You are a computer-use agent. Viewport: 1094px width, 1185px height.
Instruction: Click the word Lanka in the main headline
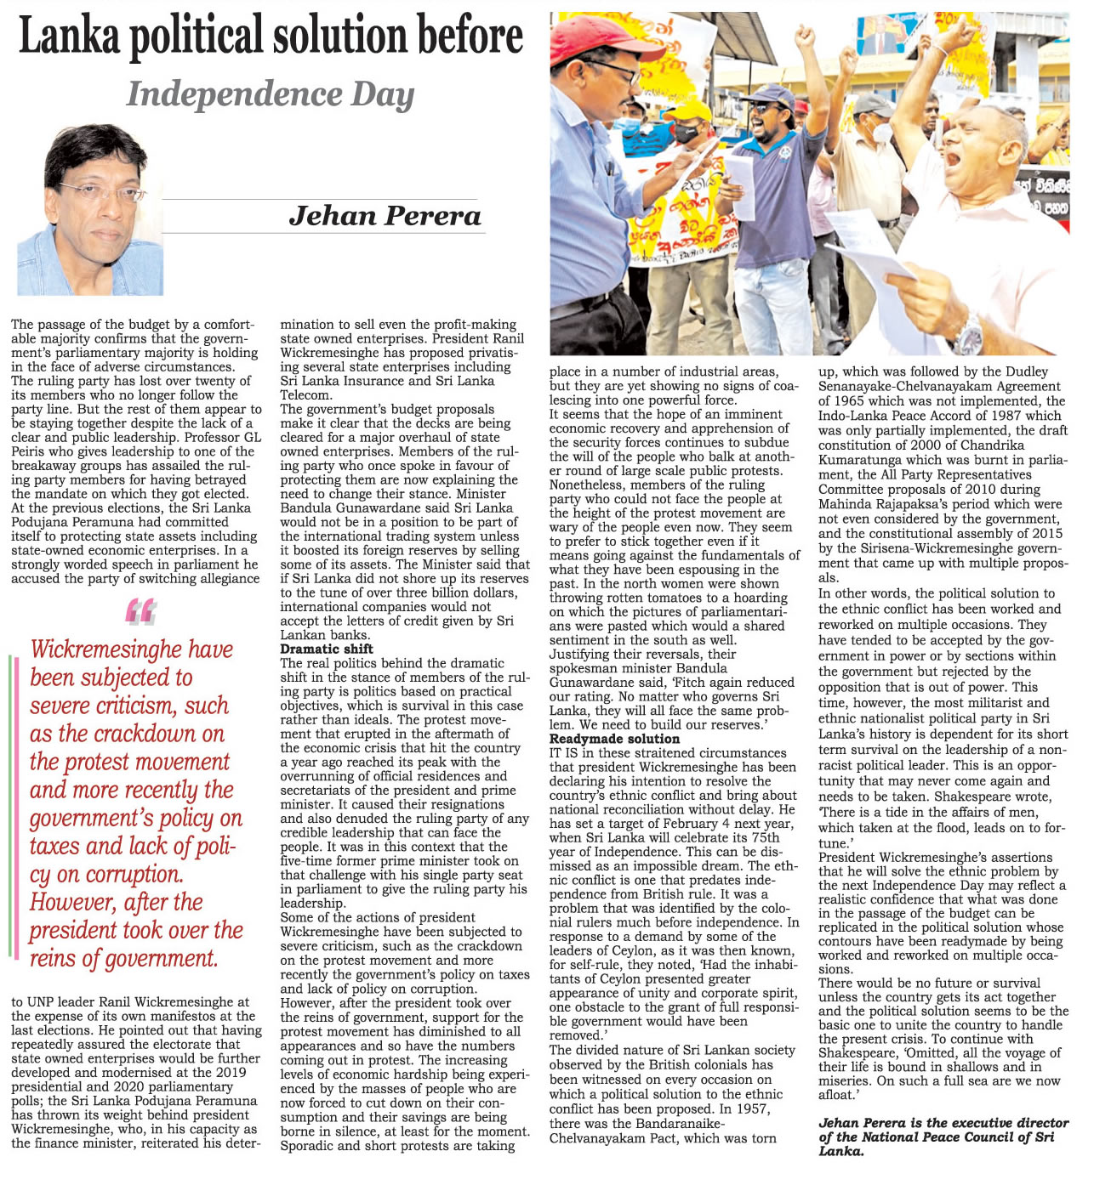pos(66,37)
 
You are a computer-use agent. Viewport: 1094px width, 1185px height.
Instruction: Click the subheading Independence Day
pos(271,94)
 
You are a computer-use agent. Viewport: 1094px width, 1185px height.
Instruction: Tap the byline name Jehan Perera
pos(385,216)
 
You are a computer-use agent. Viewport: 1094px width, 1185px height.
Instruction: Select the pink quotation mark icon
pos(140,611)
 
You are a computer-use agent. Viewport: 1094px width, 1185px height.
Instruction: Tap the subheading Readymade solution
pos(614,739)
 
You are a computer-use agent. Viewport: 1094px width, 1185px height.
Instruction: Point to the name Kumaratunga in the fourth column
pos(863,460)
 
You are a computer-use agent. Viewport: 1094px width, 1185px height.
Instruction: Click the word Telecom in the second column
pos(305,395)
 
